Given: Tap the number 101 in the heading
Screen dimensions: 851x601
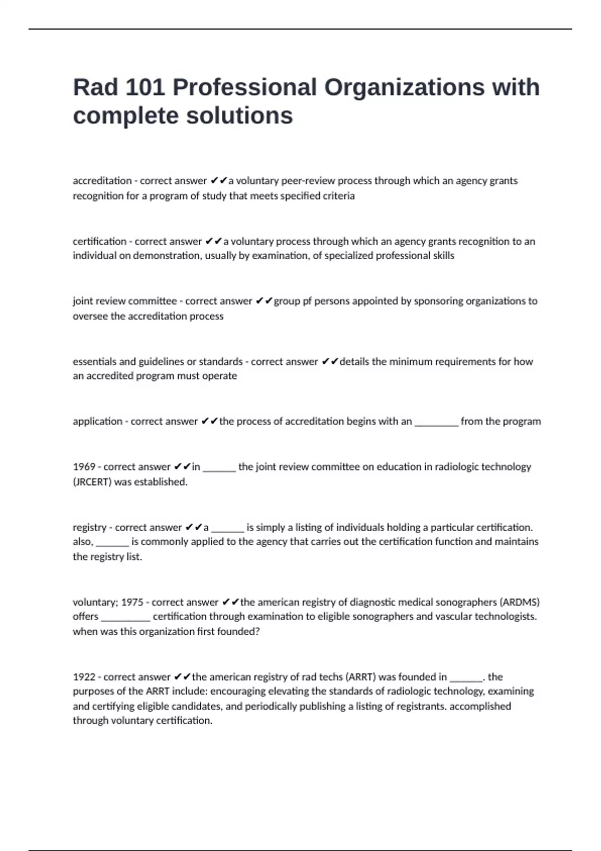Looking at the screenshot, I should click(x=145, y=88).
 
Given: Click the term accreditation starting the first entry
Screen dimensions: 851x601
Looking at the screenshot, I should click(x=102, y=181).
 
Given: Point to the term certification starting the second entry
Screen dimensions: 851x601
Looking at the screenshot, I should click(x=99, y=241).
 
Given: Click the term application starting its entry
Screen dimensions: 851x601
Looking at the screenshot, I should click(x=97, y=421).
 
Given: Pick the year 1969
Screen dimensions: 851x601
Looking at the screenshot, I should click(x=84, y=467).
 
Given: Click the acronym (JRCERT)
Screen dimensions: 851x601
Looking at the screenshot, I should click(x=92, y=482).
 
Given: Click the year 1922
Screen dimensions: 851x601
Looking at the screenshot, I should click(x=84, y=677).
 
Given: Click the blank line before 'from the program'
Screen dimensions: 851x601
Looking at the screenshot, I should click(x=436, y=423).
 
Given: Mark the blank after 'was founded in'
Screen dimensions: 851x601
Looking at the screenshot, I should click(x=466, y=679).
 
